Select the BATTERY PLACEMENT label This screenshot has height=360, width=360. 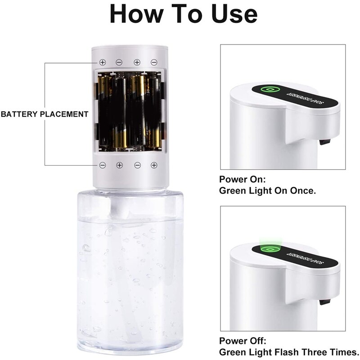tap(45, 114)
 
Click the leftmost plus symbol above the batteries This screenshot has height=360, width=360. tap(103, 62)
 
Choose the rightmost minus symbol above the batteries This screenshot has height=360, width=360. tap(154, 62)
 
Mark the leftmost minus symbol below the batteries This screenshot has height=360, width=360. tap(103, 165)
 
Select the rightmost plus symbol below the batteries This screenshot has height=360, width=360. tap(154, 165)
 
